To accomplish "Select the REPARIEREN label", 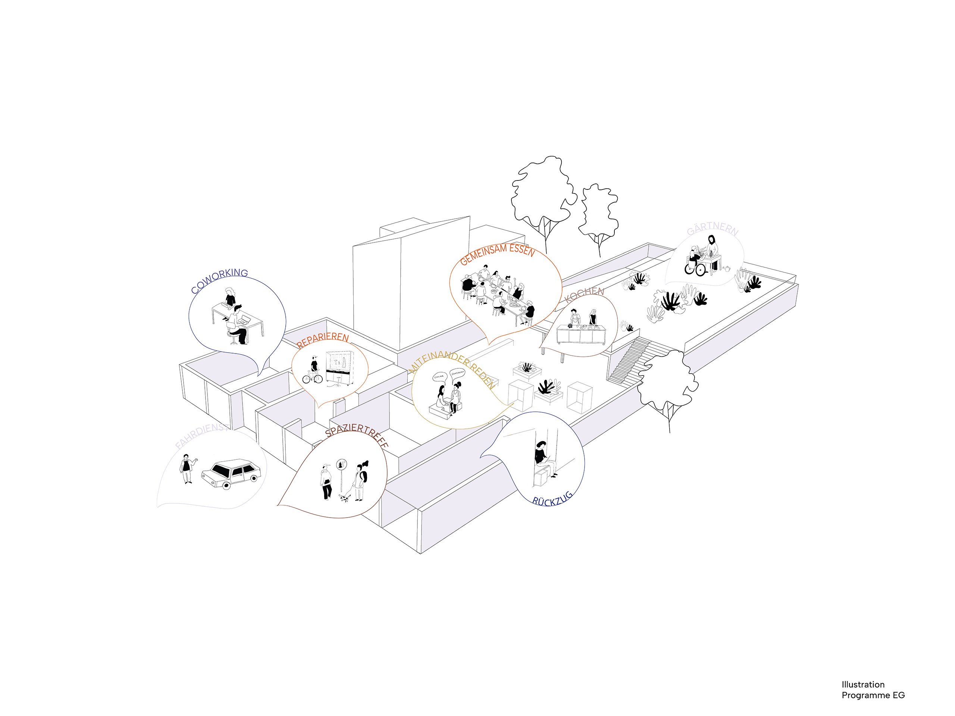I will click(323, 340).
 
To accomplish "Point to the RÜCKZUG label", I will click(552, 499).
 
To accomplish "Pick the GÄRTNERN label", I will click(713, 229).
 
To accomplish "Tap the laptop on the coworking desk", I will click(245, 320).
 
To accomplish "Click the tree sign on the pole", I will click(341, 464).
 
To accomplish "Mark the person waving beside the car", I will click(187, 468).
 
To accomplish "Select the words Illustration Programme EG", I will click(873, 690).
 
